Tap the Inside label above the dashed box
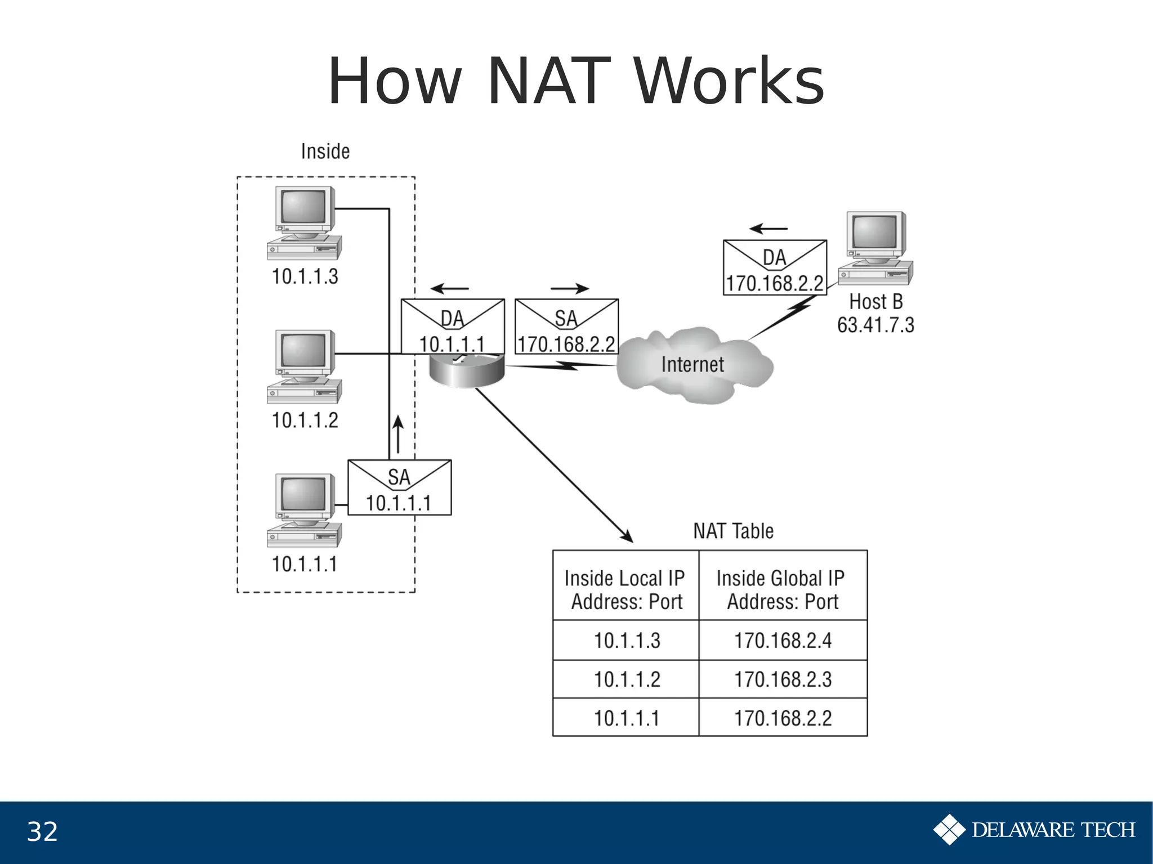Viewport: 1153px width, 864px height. [x=325, y=151]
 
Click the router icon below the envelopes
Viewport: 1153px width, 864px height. [x=467, y=371]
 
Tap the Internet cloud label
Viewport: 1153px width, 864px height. [x=692, y=365]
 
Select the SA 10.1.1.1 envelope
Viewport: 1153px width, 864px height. [x=399, y=488]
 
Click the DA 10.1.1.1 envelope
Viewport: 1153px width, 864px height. [x=452, y=326]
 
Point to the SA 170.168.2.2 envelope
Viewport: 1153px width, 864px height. [x=566, y=326]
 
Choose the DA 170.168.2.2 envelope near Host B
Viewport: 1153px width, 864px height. [x=775, y=268]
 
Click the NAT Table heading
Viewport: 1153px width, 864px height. [x=733, y=531]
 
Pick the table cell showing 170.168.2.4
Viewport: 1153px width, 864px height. [x=783, y=641]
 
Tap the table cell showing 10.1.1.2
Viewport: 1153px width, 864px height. [x=627, y=679]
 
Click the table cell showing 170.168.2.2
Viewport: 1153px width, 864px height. [x=783, y=718]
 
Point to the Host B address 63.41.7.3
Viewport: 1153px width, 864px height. [x=875, y=325]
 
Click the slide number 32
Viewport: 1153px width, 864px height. [x=42, y=832]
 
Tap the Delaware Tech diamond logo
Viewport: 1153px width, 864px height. [x=949, y=830]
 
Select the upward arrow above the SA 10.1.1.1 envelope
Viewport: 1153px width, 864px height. [x=398, y=435]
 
